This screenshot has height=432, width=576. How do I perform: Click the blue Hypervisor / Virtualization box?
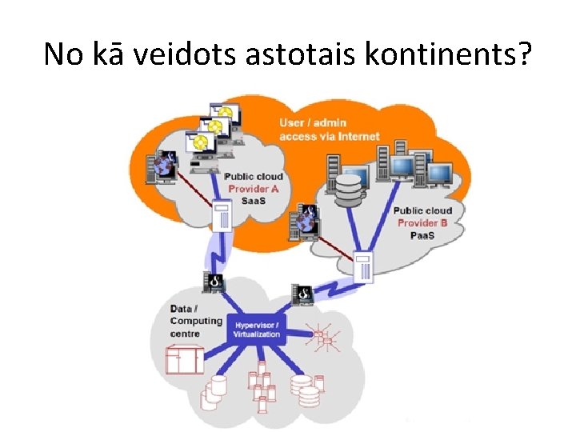(258, 330)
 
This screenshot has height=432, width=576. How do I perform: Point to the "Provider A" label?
(254, 189)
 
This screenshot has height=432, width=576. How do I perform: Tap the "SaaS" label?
(254, 200)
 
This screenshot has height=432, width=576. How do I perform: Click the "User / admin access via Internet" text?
(329, 130)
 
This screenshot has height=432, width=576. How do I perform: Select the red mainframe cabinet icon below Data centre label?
(185, 359)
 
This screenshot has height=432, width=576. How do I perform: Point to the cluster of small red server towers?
(260, 383)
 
